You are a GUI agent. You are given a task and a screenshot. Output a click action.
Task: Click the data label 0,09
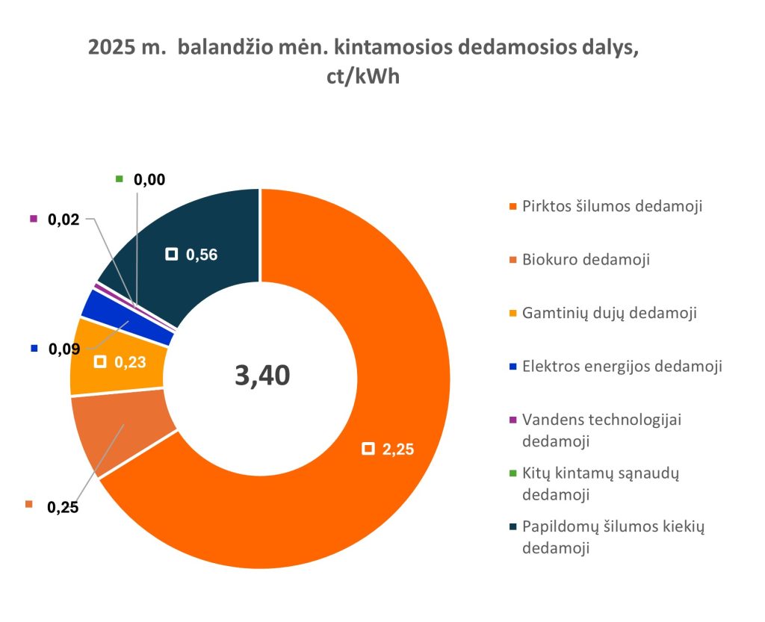64,349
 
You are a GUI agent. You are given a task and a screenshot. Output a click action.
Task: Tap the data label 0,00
149,179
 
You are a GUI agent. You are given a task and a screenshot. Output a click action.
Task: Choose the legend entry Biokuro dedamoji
586,260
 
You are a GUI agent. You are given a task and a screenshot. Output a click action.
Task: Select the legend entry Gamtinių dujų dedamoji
610,313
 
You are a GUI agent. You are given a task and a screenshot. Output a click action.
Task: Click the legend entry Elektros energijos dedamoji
622,366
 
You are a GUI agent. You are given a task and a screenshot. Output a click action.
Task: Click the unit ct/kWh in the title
363,78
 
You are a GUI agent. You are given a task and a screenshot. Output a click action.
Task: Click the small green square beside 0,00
120,178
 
